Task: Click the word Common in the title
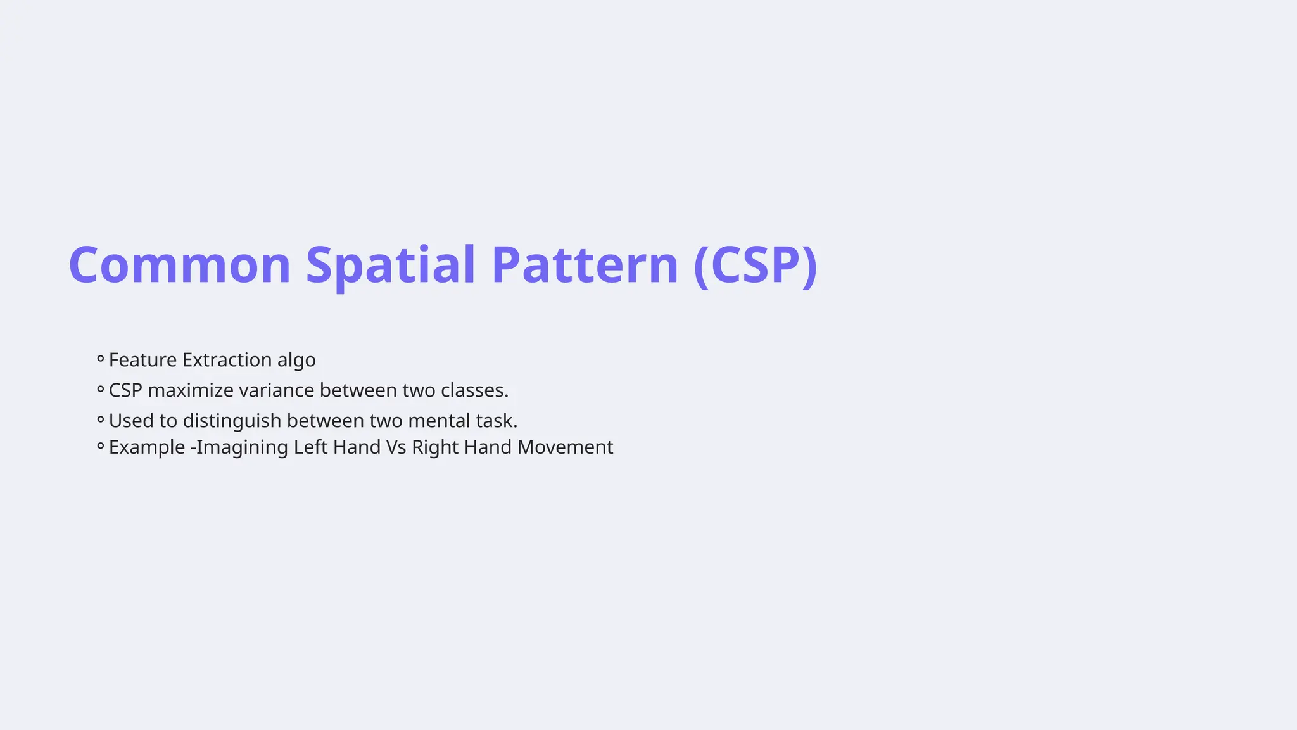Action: [x=179, y=265]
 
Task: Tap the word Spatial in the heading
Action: [x=390, y=265]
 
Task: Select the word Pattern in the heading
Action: [x=585, y=265]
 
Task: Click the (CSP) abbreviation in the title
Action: [x=756, y=265]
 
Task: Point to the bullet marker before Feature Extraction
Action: [x=100, y=359]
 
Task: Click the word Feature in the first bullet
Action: [x=142, y=360]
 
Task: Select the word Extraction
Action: [x=227, y=360]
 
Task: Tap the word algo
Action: [x=296, y=361]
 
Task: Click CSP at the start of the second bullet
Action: [x=125, y=390]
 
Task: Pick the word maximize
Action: [x=190, y=390]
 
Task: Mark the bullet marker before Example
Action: [x=100, y=447]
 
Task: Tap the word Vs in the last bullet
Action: [x=396, y=447]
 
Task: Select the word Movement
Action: [x=565, y=447]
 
